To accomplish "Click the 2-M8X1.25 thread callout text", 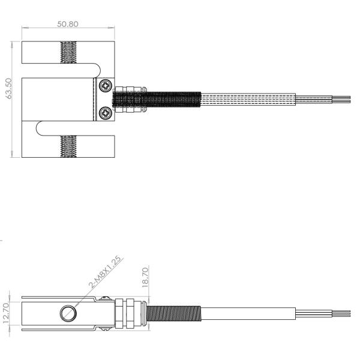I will [106, 274].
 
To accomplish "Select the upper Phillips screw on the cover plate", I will [106, 86].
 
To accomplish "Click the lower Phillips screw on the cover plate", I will [106, 112].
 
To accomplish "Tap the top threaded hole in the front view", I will [69, 52].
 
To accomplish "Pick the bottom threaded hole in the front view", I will [69, 146].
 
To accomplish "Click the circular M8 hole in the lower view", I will [68, 313].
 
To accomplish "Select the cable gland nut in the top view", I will [128, 99].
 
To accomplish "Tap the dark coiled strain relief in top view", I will [171, 99].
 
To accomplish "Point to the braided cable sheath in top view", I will [247, 99].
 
